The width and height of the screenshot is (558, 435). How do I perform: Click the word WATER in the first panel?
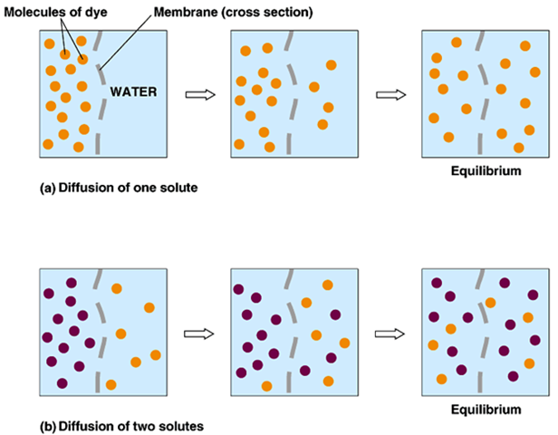[135, 92]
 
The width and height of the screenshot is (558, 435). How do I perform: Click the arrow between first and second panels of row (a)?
[197, 93]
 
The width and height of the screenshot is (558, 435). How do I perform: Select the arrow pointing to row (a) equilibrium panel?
[389, 93]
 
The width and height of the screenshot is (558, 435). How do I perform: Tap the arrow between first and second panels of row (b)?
[197, 333]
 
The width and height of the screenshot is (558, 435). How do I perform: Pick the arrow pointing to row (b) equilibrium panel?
[389, 333]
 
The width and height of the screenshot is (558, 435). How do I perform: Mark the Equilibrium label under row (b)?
[486, 409]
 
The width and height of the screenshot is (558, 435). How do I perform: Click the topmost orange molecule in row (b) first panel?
[116, 288]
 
